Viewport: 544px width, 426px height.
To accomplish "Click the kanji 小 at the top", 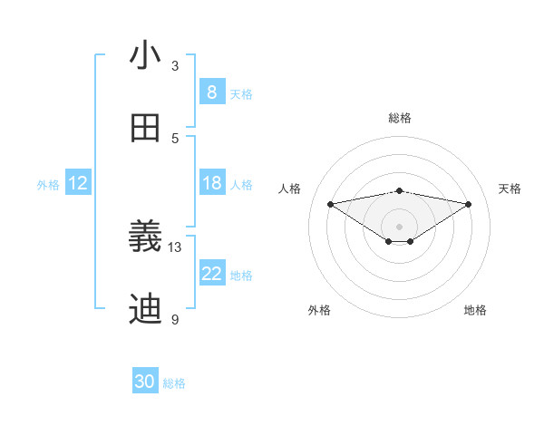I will pyautogui.click(x=145, y=56).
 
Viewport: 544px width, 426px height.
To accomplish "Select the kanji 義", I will pyautogui.click(x=145, y=237).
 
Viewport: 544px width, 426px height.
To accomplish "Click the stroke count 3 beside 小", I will pyautogui.click(x=175, y=66).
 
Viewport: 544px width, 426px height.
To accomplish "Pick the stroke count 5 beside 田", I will pyautogui.click(x=175, y=139).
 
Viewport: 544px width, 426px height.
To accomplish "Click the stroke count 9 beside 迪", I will pyautogui.click(x=175, y=320).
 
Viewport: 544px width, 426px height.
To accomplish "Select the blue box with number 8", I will pyautogui.click(x=211, y=92).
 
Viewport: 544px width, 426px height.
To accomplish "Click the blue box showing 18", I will pyautogui.click(x=211, y=183).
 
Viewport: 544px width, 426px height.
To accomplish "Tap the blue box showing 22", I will pyautogui.click(x=211, y=274).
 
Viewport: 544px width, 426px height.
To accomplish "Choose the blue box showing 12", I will pyautogui.click(x=77, y=183).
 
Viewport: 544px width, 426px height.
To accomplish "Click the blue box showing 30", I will pyautogui.click(x=145, y=382).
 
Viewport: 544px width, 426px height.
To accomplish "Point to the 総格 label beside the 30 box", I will pyautogui.click(x=174, y=383).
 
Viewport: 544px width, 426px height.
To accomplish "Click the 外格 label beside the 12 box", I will pyautogui.click(x=48, y=185).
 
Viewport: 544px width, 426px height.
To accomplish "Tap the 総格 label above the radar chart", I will pyautogui.click(x=400, y=118).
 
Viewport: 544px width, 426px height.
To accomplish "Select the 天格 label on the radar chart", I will pyautogui.click(x=510, y=189).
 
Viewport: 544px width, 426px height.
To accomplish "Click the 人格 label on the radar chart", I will pyautogui.click(x=290, y=189).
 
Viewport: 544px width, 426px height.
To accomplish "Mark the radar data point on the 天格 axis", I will pyautogui.click(x=469, y=204).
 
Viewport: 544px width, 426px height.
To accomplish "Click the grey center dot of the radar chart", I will pyautogui.click(x=400, y=226).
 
